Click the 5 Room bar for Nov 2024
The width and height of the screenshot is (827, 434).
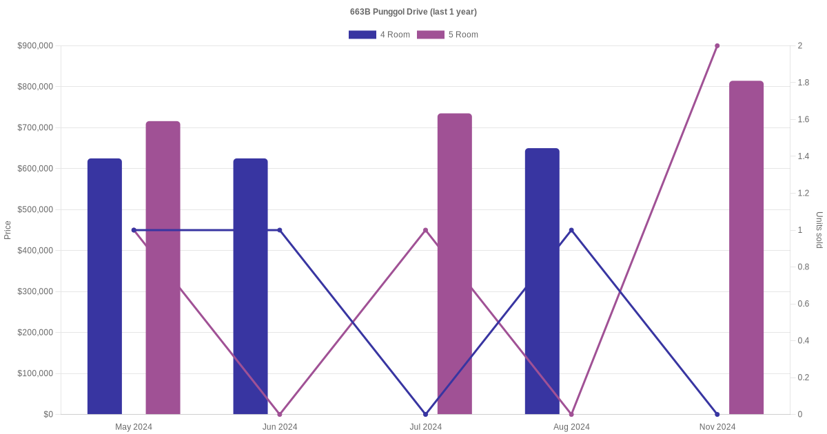click(x=746, y=247)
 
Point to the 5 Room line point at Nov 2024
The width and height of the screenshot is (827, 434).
click(x=717, y=46)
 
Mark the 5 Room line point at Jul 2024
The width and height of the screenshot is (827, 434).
click(x=425, y=230)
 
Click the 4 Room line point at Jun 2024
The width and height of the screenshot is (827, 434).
click(x=280, y=230)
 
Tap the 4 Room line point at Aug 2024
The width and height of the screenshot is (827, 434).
click(x=571, y=230)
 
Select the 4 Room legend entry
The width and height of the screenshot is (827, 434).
click(x=379, y=34)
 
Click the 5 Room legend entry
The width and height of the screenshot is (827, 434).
click(x=447, y=34)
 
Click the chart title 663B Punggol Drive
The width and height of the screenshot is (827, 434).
click(x=413, y=12)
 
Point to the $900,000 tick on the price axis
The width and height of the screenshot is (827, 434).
click(x=35, y=46)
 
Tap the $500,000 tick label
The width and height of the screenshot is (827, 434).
click(x=35, y=209)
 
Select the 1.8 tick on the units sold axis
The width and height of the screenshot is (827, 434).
click(x=804, y=83)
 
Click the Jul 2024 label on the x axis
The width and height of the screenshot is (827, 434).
click(x=426, y=427)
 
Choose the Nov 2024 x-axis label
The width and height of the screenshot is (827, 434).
click(x=717, y=427)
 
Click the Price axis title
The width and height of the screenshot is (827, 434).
click(x=8, y=230)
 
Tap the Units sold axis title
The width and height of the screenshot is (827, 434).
click(x=819, y=230)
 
